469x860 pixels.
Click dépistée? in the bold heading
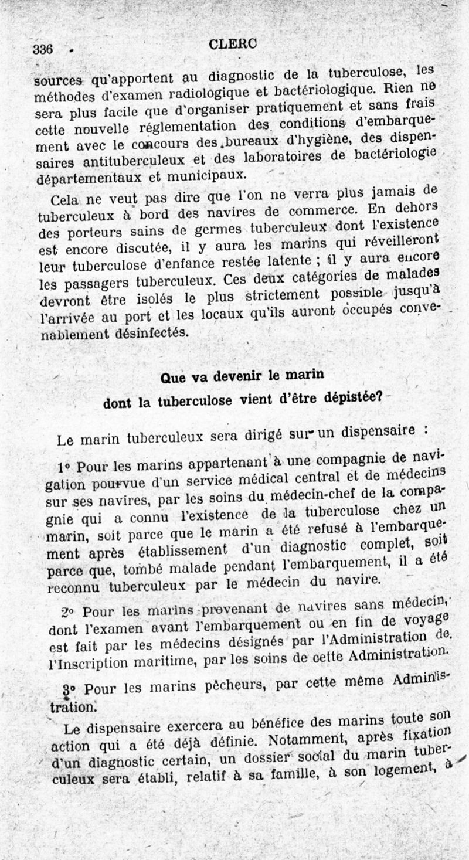[x=349, y=398]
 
